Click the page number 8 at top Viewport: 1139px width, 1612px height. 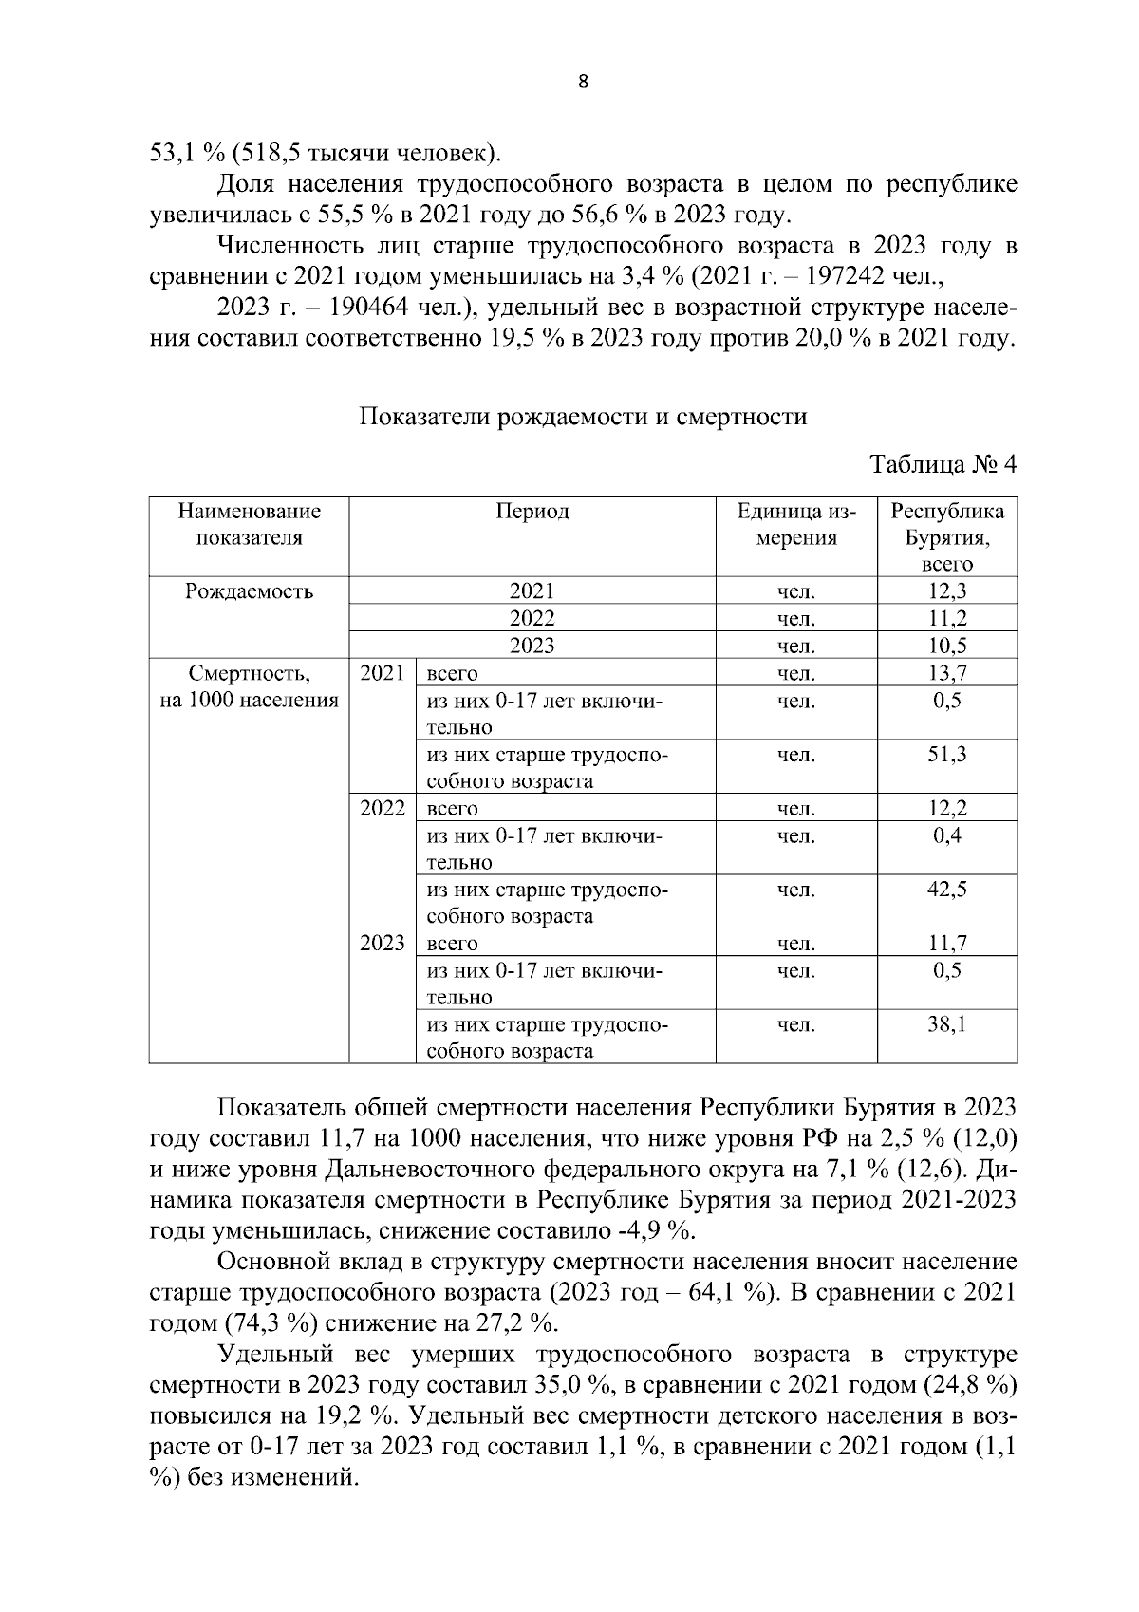(x=583, y=83)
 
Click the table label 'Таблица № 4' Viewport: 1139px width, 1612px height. (x=943, y=465)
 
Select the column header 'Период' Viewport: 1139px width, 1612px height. (x=532, y=512)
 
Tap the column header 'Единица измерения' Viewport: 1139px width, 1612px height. (x=796, y=525)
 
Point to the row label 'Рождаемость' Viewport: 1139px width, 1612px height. (x=249, y=591)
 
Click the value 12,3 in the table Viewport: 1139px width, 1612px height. (x=946, y=591)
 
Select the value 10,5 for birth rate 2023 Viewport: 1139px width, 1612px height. (x=946, y=646)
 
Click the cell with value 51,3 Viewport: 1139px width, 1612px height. (x=946, y=755)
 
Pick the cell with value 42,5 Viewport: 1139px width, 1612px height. (x=946, y=890)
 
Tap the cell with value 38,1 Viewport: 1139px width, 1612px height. (x=946, y=1024)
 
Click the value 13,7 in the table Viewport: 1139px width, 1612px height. (x=946, y=674)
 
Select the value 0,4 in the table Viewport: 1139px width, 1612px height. (x=946, y=835)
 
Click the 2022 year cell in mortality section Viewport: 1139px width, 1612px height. (x=383, y=809)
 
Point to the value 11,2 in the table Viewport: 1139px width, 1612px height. (x=946, y=619)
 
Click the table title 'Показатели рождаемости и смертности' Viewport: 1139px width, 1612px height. (x=583, y=417)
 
